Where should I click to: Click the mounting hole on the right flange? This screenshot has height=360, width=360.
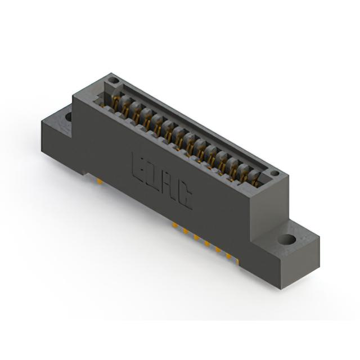287,240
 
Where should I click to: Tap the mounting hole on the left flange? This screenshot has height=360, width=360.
69,116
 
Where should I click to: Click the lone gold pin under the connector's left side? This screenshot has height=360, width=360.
100,181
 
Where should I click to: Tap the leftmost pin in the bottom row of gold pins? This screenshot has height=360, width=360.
175,224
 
